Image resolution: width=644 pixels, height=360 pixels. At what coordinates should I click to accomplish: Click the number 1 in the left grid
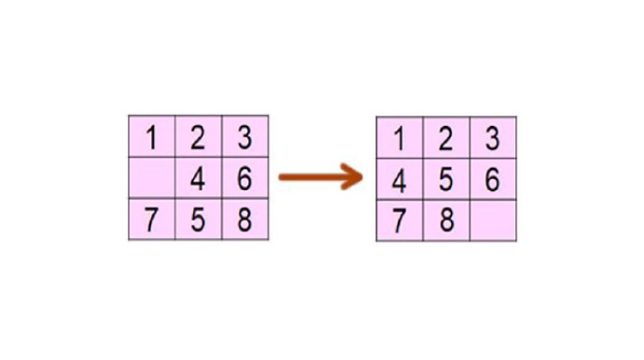coord(152,137)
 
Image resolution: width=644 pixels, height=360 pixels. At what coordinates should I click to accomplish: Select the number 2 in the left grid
coord(198,137)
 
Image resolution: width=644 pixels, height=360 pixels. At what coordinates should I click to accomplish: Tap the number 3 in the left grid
coord(245,137)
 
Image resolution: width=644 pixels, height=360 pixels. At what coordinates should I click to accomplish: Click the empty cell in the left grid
coord(152,178)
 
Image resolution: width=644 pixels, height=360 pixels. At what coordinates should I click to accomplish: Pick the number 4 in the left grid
coord(198,179)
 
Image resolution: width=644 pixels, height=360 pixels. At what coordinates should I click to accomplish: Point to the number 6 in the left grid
coord(245,178)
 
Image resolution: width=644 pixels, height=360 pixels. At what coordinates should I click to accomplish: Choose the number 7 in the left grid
coord(151,219)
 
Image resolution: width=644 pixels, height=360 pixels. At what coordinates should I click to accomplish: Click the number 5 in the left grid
coord(198,219)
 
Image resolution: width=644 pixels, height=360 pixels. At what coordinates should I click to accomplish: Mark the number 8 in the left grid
coord(245,219)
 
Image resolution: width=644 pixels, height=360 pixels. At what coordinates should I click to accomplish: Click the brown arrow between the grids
coord(321,177)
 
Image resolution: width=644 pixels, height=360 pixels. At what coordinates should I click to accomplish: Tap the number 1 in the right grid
coord(399,139)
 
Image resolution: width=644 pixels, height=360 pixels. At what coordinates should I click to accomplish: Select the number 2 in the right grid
coord(446,139)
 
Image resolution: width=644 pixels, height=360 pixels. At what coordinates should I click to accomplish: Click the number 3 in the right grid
coord(493,139)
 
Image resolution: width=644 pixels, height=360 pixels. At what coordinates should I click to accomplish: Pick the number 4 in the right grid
coord(399,180)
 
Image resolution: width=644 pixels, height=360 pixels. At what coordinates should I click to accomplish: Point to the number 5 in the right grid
coord(446,180)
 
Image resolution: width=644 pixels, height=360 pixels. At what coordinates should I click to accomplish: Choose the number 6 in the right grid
coord(493,180)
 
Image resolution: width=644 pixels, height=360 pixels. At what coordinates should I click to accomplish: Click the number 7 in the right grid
coord(399,221)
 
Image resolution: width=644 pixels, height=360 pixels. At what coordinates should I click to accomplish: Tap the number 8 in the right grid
coord(447,220)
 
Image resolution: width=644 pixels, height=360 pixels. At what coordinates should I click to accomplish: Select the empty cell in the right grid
coord(494,221)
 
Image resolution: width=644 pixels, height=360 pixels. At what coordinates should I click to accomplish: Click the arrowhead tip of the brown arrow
coord(363,177)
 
